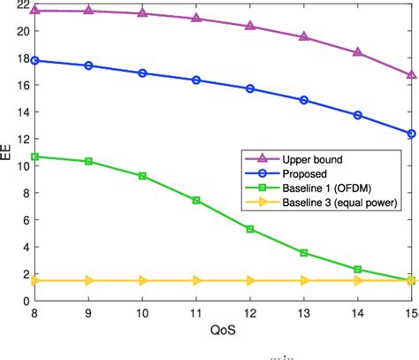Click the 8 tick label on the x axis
(x=34, y=314)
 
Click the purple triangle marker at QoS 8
(x=34, y=10)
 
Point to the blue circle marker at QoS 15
(x=412, y=134)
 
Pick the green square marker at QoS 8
(x=34, y=157)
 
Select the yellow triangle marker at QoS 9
(x=88, y=280)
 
